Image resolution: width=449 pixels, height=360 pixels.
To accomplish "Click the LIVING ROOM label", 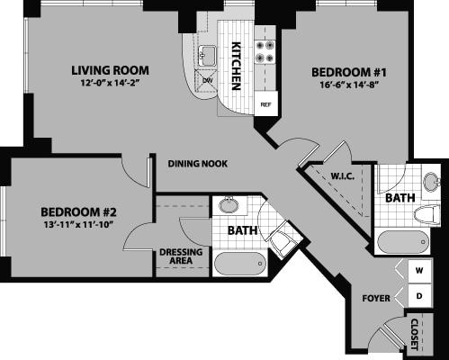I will [x=111, y=70].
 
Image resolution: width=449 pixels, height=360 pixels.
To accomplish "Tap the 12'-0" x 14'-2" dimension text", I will [x=111, y=85].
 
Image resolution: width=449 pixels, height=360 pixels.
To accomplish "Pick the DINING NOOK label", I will [x=197, y=164].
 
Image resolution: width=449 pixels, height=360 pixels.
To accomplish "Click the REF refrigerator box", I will [x=265, y=104].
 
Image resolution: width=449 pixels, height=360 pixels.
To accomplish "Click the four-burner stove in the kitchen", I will [x=265, y=50].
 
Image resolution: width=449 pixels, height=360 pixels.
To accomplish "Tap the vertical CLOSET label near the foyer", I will [x=415, y=332].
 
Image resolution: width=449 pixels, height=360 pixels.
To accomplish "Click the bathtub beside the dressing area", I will [x=238, y=265].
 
